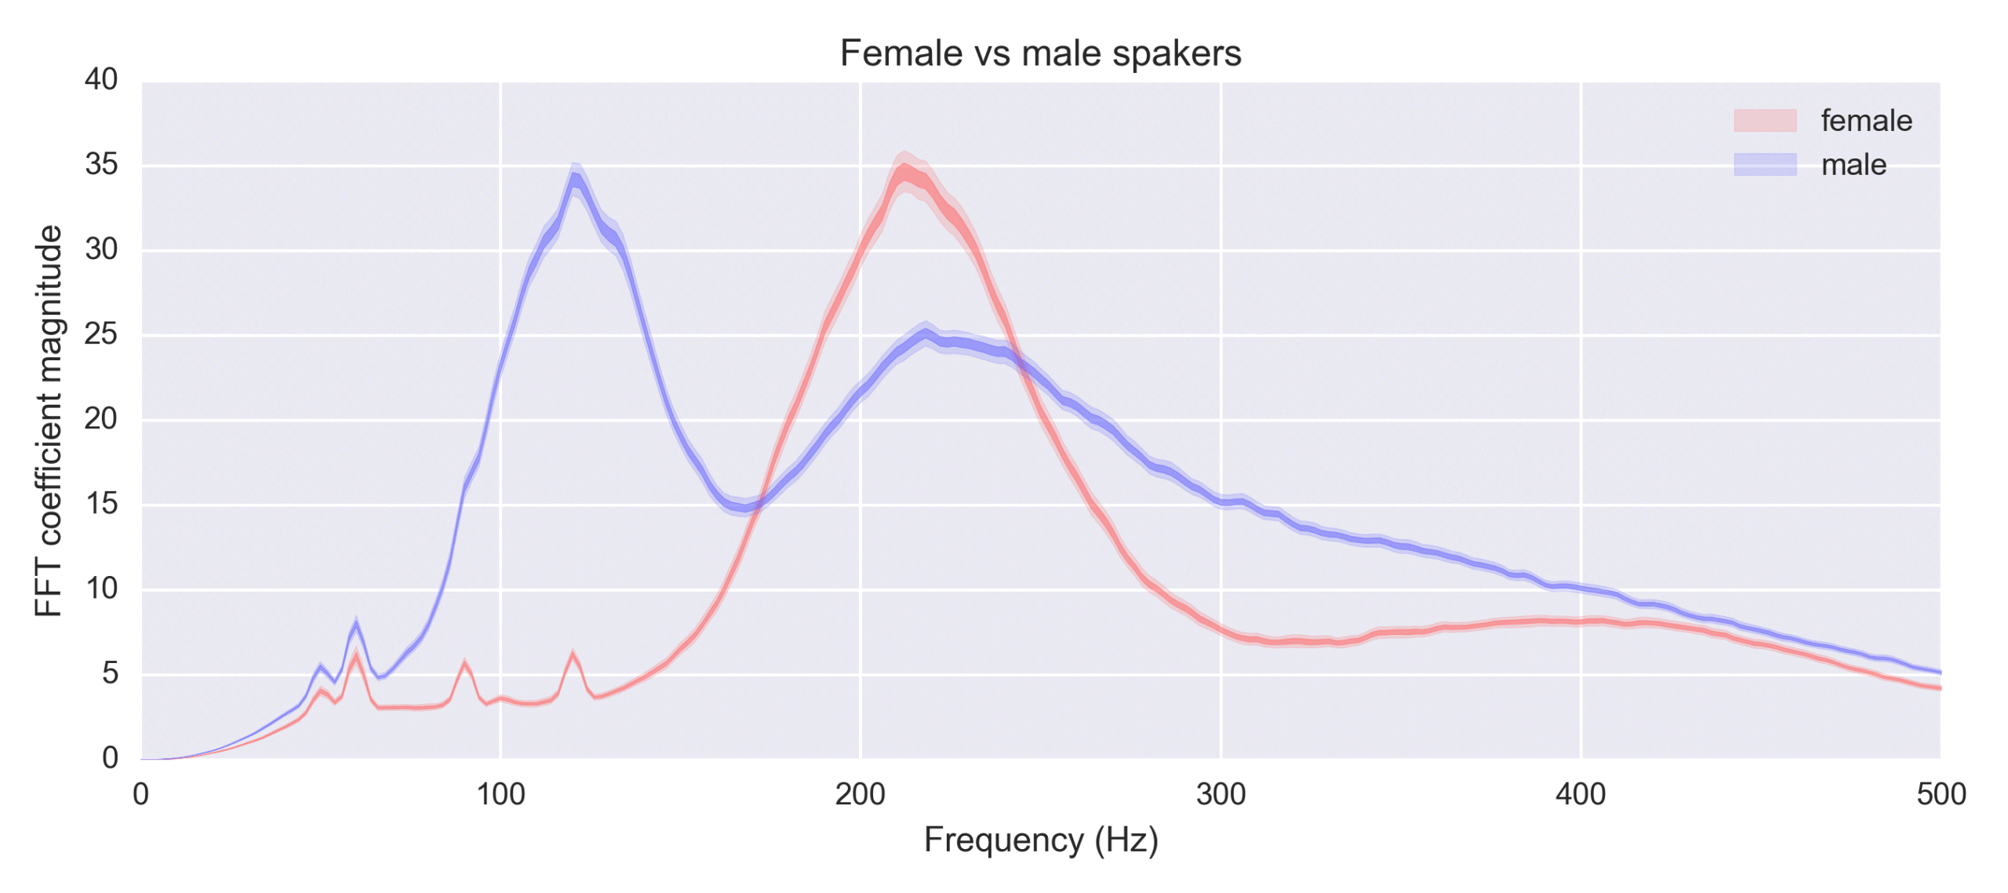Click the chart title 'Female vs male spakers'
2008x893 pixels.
1039,53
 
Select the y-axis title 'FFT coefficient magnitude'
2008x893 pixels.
49,421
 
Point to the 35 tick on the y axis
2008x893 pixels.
101,165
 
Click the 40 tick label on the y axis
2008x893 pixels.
101,79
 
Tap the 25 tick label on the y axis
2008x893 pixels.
101,334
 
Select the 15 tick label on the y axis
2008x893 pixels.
101,504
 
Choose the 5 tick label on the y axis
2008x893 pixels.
110,673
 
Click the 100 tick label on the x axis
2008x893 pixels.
500,794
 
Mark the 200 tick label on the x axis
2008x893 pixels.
860,794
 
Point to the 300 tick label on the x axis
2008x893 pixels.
1220,794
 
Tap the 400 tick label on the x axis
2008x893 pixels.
1580,794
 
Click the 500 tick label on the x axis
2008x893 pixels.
1940,794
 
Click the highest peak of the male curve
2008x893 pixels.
576,179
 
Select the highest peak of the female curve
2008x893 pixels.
904,170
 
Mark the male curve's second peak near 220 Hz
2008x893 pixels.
926,335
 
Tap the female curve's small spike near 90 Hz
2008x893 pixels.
464,665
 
